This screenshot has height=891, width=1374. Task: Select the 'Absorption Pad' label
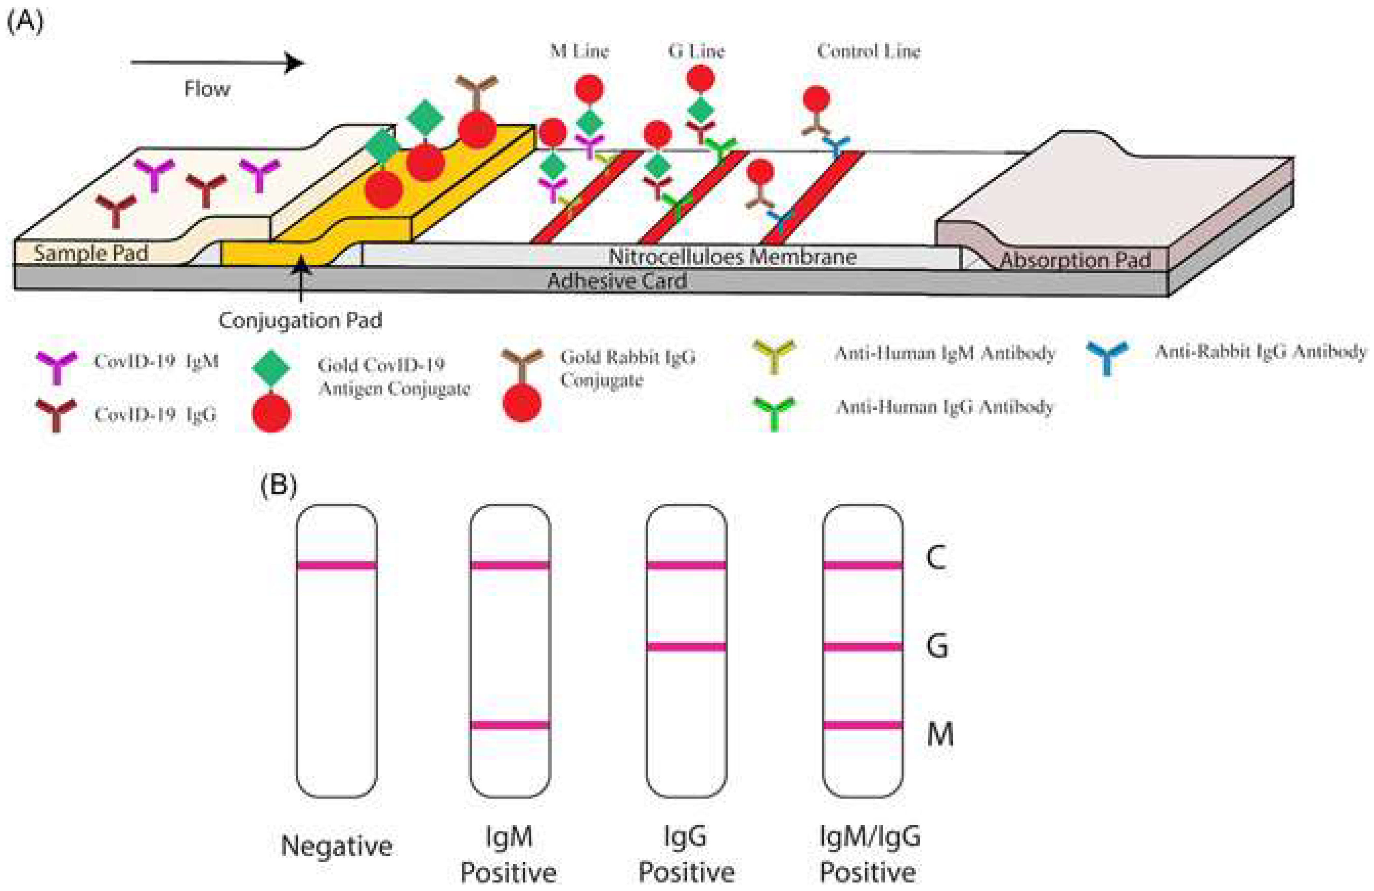coord(1075,260)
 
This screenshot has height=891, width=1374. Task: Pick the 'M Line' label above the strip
coord(579,51)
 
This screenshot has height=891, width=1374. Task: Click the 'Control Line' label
coord(868,51)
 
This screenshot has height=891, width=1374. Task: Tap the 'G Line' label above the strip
coord(696,51)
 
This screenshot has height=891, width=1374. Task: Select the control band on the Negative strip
coord(337,565)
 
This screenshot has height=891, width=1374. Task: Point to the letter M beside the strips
coord(940,735)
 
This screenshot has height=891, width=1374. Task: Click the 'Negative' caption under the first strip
coord(337,846)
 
